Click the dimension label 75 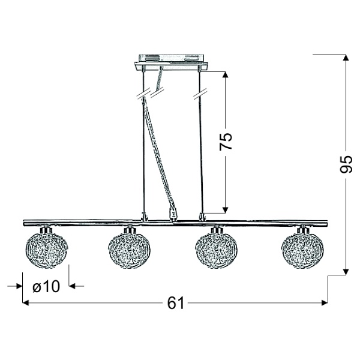coord(226,142)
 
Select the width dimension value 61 coord(175,304)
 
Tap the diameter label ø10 coord(46,287)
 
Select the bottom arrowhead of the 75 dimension coord(226,209)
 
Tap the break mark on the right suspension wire coord(199,95)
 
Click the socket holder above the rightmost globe coord(304,229)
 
